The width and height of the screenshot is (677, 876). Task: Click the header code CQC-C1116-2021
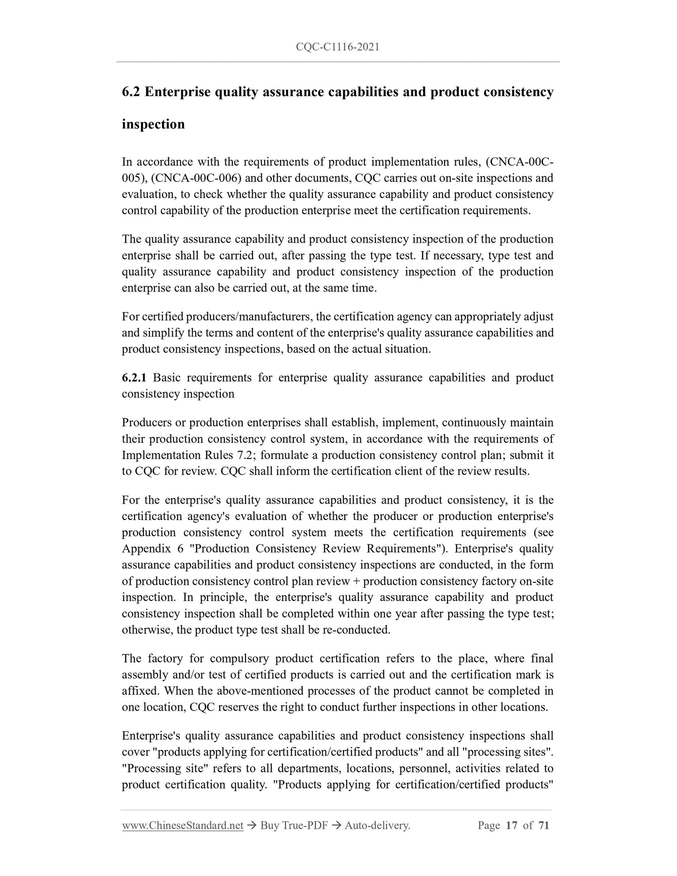[338, 47]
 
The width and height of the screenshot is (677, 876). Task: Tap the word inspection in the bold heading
[153, 125]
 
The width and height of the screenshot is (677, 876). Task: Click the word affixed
[139, 691]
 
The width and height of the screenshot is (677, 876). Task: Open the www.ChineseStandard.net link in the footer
[183, 839]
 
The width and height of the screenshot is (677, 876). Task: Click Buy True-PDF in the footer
[294, 839]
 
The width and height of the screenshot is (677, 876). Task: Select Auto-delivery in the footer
[377, 839]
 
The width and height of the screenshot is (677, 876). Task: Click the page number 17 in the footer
[512, 839]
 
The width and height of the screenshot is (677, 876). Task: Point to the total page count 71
[543, 839]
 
